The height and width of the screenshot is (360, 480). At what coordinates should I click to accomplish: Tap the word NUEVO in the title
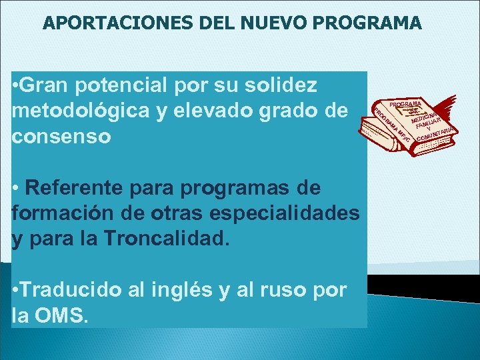(259, 24)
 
